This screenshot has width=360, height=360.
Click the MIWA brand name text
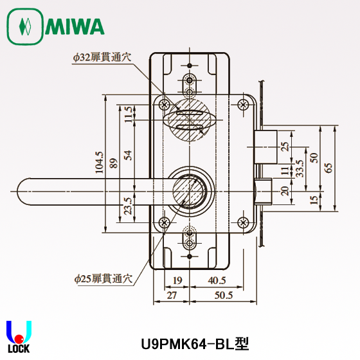75,27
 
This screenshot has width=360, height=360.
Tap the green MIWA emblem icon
24,27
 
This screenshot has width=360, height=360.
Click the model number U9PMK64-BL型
194,345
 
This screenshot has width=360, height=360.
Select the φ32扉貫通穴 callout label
101,57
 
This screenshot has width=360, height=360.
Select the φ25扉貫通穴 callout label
102,279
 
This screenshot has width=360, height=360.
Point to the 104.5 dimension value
99,164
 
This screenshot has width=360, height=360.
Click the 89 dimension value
113,164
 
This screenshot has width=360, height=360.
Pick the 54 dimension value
128,155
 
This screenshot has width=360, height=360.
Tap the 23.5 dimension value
128,205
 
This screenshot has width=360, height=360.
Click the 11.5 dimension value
128,114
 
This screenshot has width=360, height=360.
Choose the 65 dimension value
328,167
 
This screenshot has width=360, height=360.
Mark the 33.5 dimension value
300,168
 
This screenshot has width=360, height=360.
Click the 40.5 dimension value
217,281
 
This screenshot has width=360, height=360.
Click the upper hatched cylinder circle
189,117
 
